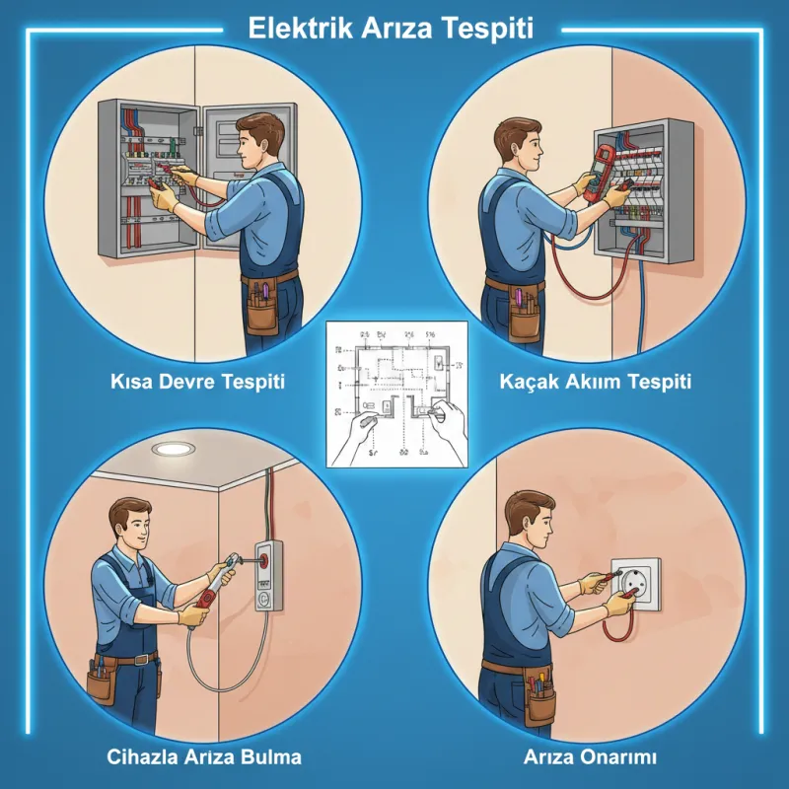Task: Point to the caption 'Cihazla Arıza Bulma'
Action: (203, 757)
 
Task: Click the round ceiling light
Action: (175, 449)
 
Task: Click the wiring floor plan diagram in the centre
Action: (394, 393)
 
